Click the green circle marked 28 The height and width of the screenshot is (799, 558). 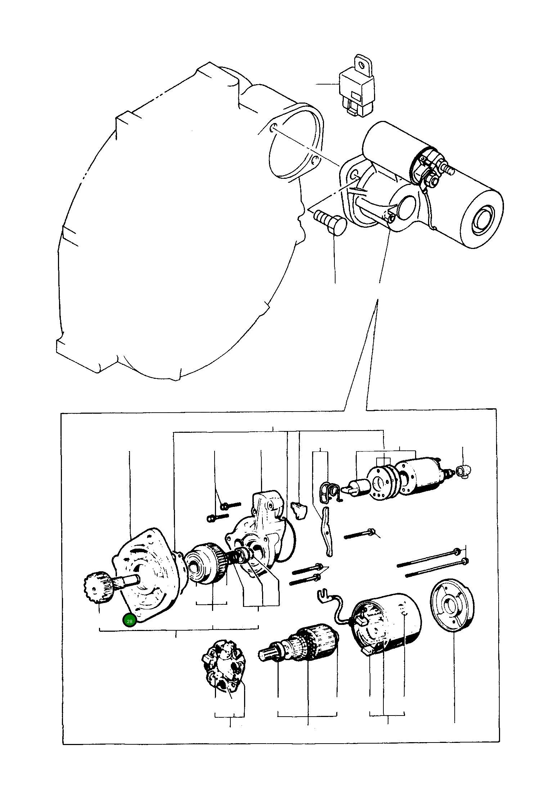click(130, 621)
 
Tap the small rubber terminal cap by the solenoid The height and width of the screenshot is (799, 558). click(464, 471)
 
